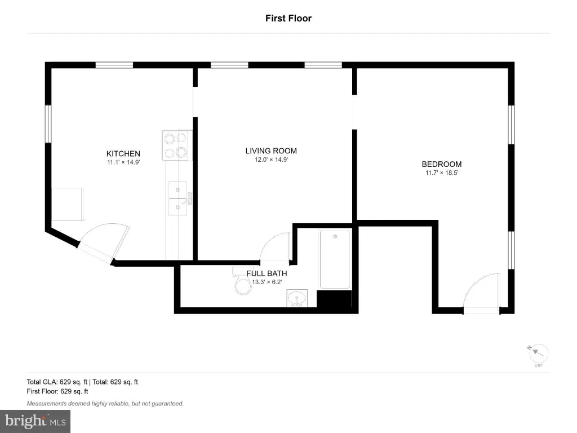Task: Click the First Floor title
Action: pos(288,19)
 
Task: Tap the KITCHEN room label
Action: pos(123,154)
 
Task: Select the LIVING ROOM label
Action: pos(271,151)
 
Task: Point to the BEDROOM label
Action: pos(442,164)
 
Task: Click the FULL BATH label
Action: pos(267,273)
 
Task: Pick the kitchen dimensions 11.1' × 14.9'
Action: pos(123,162)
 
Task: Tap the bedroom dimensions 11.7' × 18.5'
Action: pos(442,173)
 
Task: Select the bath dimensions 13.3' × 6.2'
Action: pos(267,282)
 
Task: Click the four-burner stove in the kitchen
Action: pos(177,145)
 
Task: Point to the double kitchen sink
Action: pos(178,199)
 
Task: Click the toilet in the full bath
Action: pos(242,281)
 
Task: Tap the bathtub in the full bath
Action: pos(335,259)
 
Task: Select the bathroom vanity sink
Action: pos(297,298)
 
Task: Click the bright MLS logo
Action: pos(35,421)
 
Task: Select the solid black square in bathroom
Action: pos(335,299)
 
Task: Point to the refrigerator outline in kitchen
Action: pos(68,204)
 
